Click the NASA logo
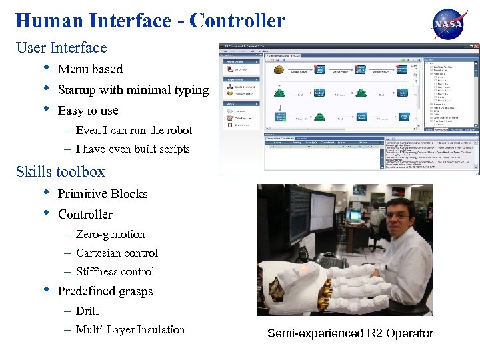451,24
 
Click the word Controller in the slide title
237,21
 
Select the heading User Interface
61,48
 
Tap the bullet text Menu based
90,69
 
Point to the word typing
190,89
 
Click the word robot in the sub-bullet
177,130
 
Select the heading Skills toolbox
61,171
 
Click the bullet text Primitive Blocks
103,193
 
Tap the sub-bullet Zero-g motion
110,234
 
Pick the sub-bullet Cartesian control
117,253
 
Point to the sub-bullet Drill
87,311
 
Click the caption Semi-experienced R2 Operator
350,333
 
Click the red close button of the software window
475,47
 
